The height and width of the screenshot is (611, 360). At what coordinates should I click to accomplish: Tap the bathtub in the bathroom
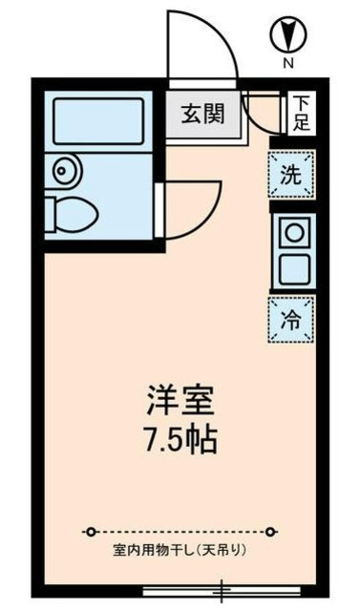(96, 121)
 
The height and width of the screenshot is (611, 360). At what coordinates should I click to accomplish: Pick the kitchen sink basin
(292, 268)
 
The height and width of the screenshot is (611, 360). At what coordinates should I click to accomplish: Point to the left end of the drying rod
(89, 531)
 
